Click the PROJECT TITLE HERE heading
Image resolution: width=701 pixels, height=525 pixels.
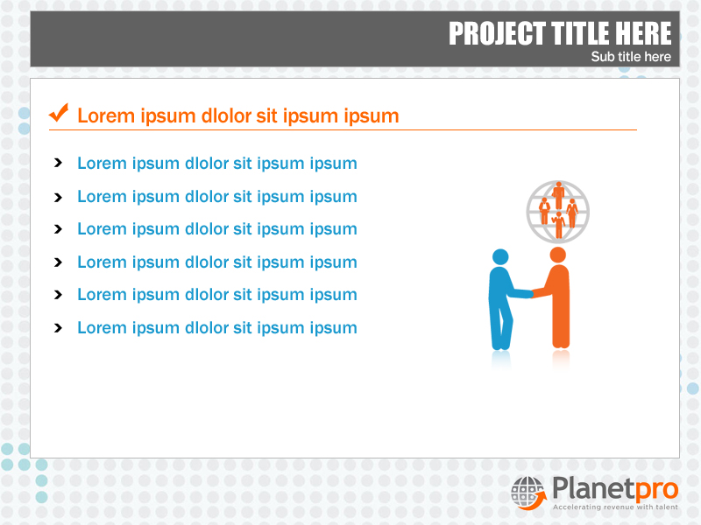coord(560,34)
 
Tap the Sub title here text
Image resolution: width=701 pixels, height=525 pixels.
coord(631,57)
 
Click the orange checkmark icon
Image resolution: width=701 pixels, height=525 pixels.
coord(59,113)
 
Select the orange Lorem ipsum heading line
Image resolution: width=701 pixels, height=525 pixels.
coord(237,115)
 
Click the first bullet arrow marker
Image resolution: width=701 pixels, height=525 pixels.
coord(58,164)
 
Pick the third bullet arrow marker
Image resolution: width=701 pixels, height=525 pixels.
coord(58,229)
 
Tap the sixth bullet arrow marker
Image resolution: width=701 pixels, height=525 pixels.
coord(58,328)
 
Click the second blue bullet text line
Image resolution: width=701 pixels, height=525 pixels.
coord(216,197)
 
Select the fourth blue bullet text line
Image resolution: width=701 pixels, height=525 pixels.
coord(216,262)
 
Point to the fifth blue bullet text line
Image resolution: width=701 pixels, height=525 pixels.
coord(216,295)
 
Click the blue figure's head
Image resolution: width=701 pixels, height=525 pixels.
coord(500,256)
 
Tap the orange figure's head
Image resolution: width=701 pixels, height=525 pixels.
coord(557,255)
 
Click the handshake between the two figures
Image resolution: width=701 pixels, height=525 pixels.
coord(531,294)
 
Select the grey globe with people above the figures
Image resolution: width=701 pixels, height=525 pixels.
coord(558,211)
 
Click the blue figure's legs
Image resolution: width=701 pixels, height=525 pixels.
coord(501,328)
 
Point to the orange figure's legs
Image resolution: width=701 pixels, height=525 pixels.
coord(560,328)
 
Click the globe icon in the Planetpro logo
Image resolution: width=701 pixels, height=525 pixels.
coord(528,491)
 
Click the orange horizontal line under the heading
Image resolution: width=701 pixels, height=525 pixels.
coord(343,130)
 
